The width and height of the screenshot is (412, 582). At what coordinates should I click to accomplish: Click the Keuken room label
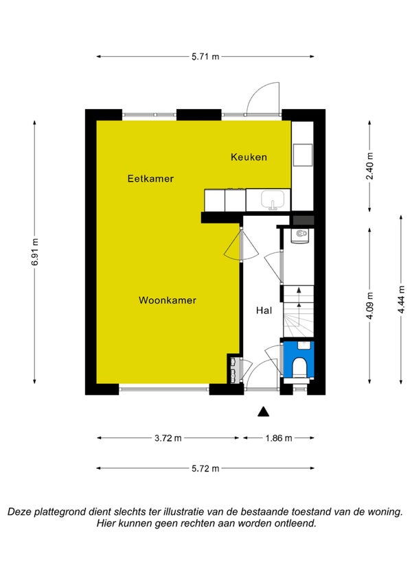[249, 157]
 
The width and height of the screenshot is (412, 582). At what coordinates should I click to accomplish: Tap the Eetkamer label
[150, 178]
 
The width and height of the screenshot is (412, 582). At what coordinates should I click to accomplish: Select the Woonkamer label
[168, 300]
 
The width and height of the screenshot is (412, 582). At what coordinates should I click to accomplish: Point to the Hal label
[264, 311]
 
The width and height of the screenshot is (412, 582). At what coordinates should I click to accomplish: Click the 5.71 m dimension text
[205, 57]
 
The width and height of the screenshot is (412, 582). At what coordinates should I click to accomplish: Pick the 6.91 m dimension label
[35, 252]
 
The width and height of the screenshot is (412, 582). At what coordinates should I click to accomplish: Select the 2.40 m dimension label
[369, 166]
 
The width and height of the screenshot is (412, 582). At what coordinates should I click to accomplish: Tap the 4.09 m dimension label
[369, 306]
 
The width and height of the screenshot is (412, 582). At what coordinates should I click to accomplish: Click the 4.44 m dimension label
[401, 300]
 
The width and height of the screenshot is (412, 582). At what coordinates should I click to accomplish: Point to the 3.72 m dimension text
[168, 438]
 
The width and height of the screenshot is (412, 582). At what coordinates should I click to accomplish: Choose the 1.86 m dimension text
[279, 438]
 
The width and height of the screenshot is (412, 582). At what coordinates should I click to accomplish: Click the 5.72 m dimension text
[205, 468]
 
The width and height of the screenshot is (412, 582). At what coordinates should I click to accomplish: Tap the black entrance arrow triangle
[264, 411]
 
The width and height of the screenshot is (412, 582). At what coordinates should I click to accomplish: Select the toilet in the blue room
[299, 367]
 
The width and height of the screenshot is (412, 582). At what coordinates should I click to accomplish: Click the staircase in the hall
[299, 311]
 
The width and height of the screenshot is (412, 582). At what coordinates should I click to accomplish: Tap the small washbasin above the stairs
[299, 235]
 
